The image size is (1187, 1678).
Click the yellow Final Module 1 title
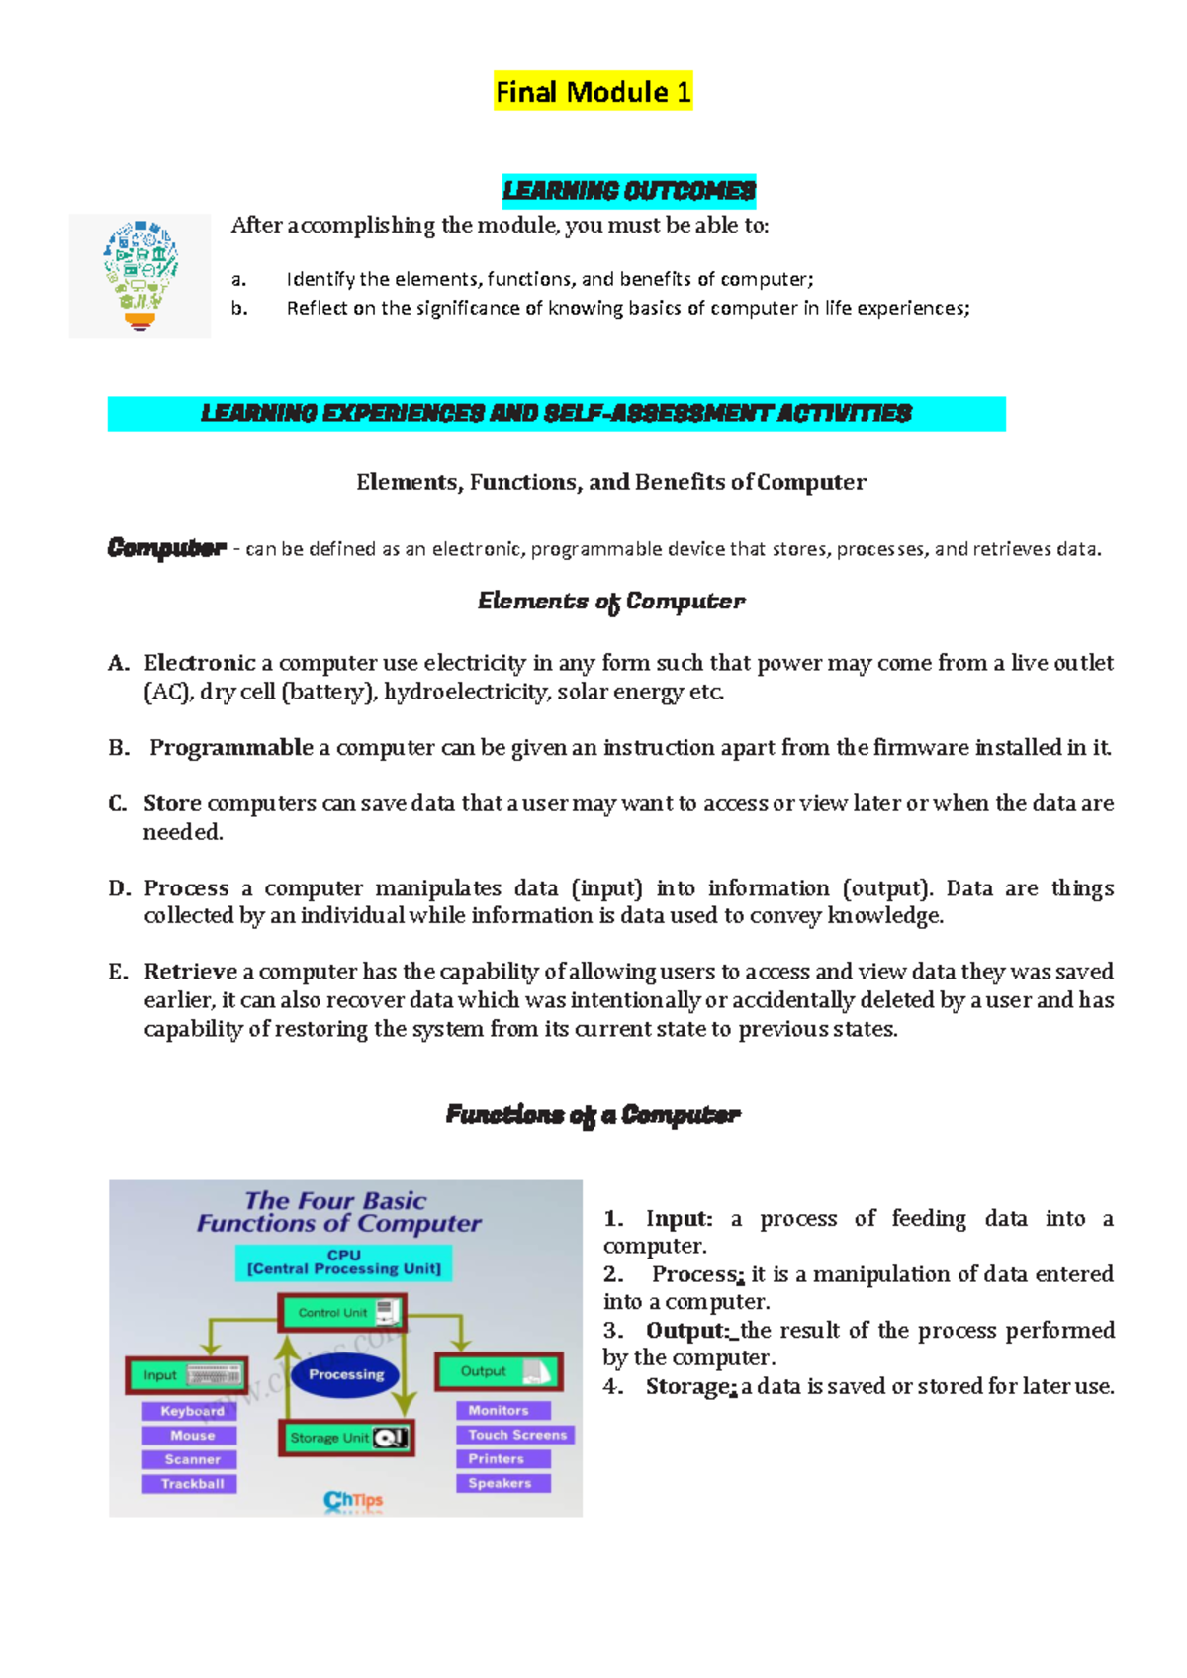[593, 92]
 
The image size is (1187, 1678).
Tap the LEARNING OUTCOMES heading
[629, 190]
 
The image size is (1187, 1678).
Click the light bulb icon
[140, 276]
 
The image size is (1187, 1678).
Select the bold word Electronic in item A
[200, 663]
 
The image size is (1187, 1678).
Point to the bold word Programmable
[231, 748]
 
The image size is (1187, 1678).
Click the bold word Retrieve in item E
[190, 972]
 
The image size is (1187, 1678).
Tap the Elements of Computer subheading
[610, 602]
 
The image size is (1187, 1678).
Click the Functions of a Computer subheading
[593, 1115]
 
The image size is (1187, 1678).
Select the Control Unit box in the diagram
[342, 1313]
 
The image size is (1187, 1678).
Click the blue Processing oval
[345, 1374]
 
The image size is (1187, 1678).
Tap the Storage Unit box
[346, 1438]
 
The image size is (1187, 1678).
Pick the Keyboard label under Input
[192, 1411]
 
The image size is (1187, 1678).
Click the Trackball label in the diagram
[192, 1484]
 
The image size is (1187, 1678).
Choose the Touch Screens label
[516, 1435]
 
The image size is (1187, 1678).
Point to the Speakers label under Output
[501, 1483]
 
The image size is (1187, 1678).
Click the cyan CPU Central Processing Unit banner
[343, 1262]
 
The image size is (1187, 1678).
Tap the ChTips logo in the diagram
[353, 1501]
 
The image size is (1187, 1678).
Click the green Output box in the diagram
[499, 1371]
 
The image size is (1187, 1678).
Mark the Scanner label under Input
[192, 1459]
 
